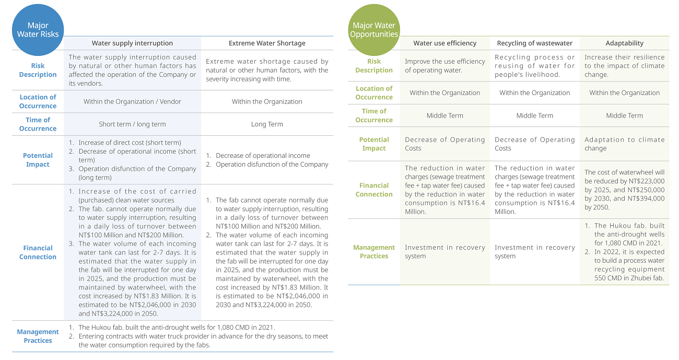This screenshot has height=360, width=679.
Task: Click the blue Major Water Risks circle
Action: (x=38, y=30)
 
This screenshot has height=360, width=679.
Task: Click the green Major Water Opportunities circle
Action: (x=374, y=30)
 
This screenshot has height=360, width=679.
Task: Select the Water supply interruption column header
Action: (x=132, y=43)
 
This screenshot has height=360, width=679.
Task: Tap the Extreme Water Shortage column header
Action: (x=267, y=43)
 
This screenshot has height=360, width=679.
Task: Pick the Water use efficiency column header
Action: (x=445, y=43)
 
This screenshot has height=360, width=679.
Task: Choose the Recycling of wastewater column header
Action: (x=535, y=43)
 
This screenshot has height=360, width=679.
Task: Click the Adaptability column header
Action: (x=625, y=43)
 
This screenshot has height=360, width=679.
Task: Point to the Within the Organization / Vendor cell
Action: (x=132, y=101)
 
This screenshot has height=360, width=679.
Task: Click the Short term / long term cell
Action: (x=132, y=124)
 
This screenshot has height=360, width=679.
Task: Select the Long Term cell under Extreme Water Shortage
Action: (x=267, y=124)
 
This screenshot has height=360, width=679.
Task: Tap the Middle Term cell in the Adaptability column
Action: (x=625, y=115)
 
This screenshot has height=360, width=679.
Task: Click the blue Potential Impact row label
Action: (x=38, y=160)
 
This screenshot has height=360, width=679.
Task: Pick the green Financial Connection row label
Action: (x=374, y=190)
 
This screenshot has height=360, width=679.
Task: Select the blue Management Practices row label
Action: (x=38, y=336)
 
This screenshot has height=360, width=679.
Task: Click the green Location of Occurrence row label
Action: (x=374, y=92)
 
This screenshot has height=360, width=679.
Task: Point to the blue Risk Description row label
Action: (x=38, y=70)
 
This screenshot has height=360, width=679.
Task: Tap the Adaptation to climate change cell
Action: (x=625, y=144)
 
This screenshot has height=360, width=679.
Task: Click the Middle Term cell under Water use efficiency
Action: (x=445, y=115)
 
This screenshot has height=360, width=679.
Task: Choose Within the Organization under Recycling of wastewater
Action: (x=535, y=93)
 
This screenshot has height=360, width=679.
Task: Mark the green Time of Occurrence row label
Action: (x=374, y=115)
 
